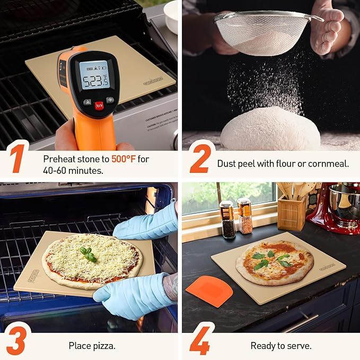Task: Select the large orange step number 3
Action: pos(16,342)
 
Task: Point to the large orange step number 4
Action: pos(200,342)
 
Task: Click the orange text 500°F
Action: pos(124,159)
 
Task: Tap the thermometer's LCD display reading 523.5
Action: pos(94,75)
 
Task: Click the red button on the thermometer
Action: pos(99,105)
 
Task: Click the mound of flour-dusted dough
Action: pos(269,129)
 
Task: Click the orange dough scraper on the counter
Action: pos(209,291)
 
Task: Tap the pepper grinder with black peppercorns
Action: pos(227,219)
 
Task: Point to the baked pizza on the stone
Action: pos(274,262)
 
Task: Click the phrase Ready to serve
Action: pos(281,346)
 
